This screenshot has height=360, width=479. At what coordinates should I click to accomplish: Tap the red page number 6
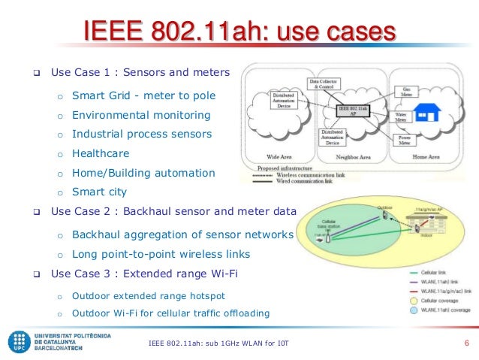(466, 344)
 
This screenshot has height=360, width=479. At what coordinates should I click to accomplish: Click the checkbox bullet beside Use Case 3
(35, 273)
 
